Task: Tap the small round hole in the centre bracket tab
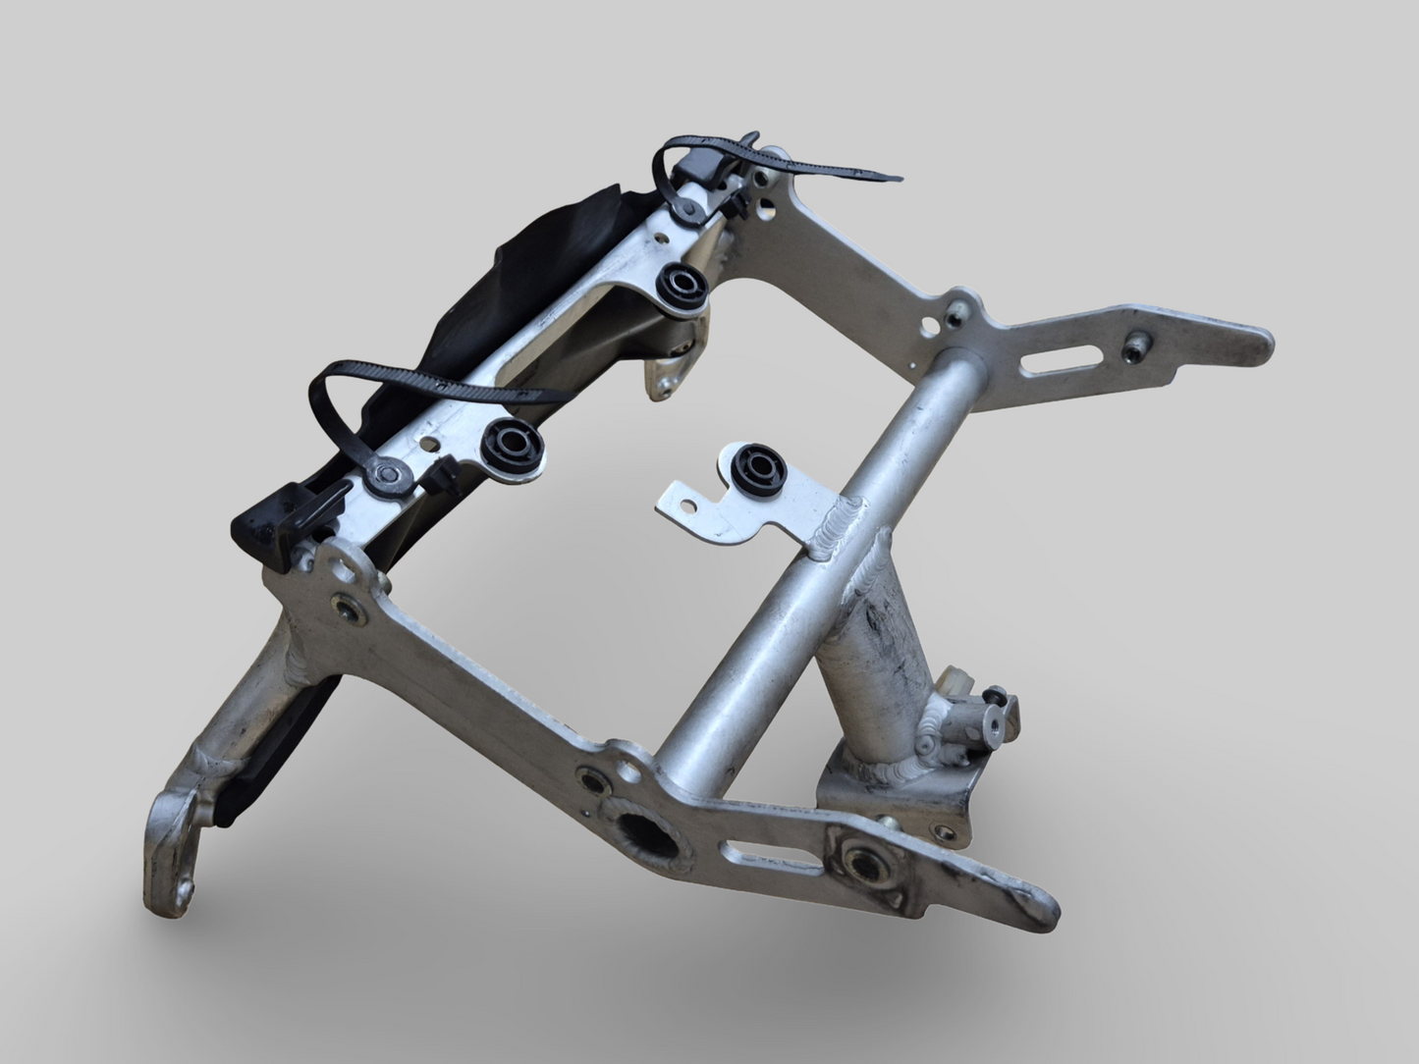point(688,507)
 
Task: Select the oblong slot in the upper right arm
point(1052,366)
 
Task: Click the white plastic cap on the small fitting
point(950,680)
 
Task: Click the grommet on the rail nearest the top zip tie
point(683,288)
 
